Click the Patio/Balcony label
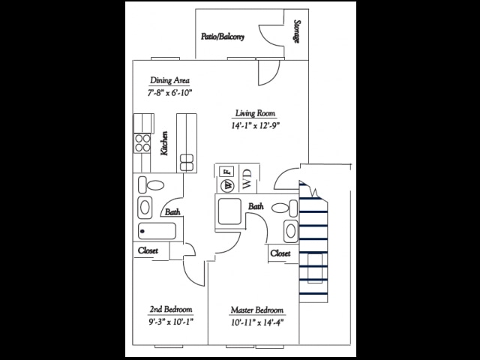point(223,36)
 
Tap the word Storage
point(297,31)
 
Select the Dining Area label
point(169,80)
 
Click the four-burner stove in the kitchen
point(141,142)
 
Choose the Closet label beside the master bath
point(280,253)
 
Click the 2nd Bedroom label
point(172,310)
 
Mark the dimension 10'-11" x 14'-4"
point(257,324)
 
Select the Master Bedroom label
point(257,310)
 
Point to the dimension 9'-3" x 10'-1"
point(172,324)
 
